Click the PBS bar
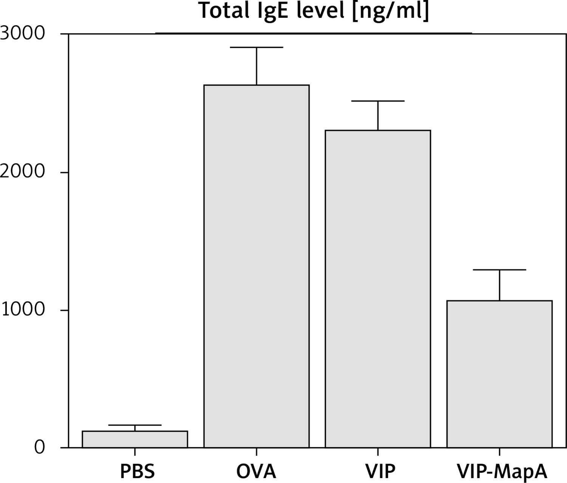click(x=135, y=439)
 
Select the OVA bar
click(x=256, y=266)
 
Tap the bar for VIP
click(x=378, y=289)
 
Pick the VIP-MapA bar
click(x=499, y=374)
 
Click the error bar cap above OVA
click(x=256, y=48)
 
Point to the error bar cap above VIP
click(x=378, y=101)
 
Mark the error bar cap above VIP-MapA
click(x=499, y=270)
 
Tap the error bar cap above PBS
click(x=135, y=425)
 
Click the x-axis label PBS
click(x=137, y=471)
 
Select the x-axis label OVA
click(x=256, y=471)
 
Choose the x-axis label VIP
click(x=380, y=471)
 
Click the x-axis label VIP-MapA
click(x=502, y=471)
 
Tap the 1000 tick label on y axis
click(x=23, y=310)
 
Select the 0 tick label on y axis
click(x=39, y=447)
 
